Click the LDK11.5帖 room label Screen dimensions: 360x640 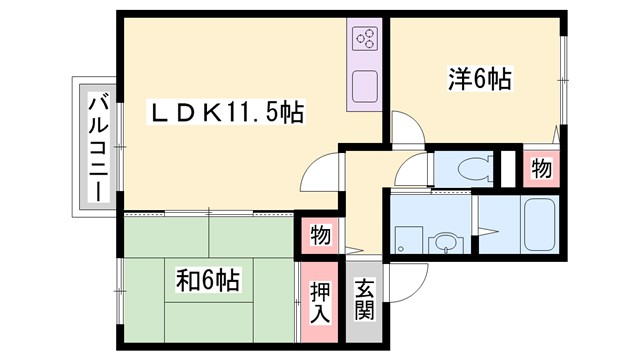[227, 110]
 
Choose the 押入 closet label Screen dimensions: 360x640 [317, 300]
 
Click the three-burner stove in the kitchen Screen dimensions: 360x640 [364, 41]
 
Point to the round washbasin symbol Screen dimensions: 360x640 [441, 243]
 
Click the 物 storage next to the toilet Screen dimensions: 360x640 [541, 169]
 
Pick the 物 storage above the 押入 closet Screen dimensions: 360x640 [319, 235]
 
